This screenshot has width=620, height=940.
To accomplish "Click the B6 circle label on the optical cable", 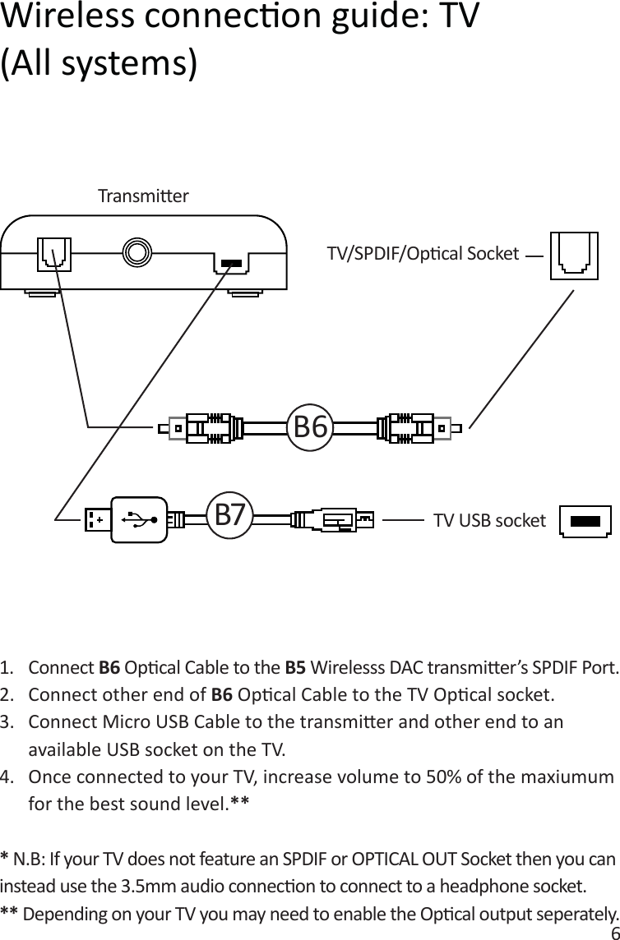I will pos(311,427).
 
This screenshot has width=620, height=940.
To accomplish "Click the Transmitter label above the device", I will pos(143,196).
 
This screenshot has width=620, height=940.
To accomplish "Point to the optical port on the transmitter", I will pos(54,254).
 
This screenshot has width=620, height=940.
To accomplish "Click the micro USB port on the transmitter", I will pos(231,264).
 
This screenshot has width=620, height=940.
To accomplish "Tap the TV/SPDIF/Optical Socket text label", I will pos(423,253).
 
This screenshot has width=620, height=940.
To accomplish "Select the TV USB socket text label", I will pos(489,520).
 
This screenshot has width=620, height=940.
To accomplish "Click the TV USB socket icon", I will pos(585,521).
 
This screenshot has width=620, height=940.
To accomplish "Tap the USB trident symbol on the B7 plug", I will pos(137,519).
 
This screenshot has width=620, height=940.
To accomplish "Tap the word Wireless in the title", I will pos(73,17).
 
